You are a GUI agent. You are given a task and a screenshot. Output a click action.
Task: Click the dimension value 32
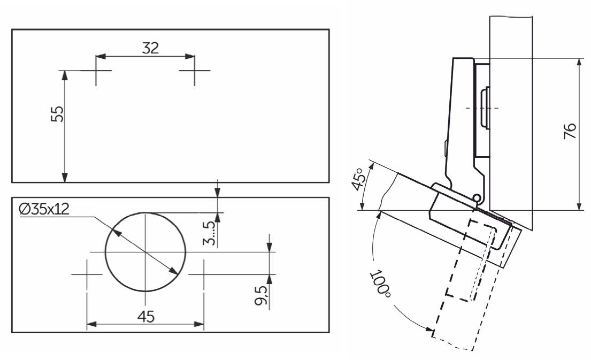[x=150, y=48]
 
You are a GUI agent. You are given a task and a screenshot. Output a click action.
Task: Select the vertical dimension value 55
[x=57, y=113]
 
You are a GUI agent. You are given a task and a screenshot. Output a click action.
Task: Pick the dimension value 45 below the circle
[x=145, y=316]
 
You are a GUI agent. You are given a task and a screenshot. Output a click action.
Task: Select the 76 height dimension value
[x=570, y=132]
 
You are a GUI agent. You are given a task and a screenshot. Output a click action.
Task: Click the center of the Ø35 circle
[x=145, y=251]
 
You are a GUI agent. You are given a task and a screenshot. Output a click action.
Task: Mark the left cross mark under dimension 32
[x=96, y=70]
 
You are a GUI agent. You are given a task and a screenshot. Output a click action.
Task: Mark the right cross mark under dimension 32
[x=194, y=70]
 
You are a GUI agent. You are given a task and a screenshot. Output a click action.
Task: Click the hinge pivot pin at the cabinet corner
[x=476, y=198]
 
